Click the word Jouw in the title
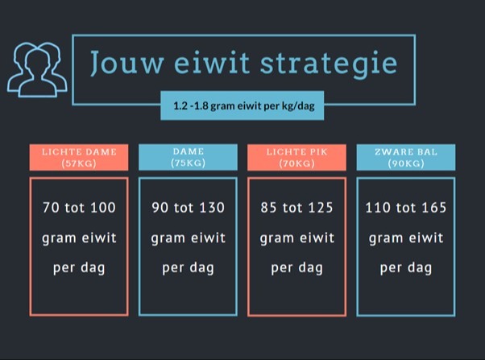[x=126, y=63]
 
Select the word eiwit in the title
[x=212, y=62]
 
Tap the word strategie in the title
[x=329, y=64]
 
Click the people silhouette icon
[x=37, y=70]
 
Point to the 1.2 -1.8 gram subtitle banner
[x=242, y=106]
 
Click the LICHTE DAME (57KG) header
[x=79, y=157]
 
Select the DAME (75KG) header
[x=188, y=157]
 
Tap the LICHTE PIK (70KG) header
[x=297, y=157]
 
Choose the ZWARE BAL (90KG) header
[x=406, y=157]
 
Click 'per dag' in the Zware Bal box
[x=406, y=268]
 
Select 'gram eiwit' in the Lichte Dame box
[x=79, y=238]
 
